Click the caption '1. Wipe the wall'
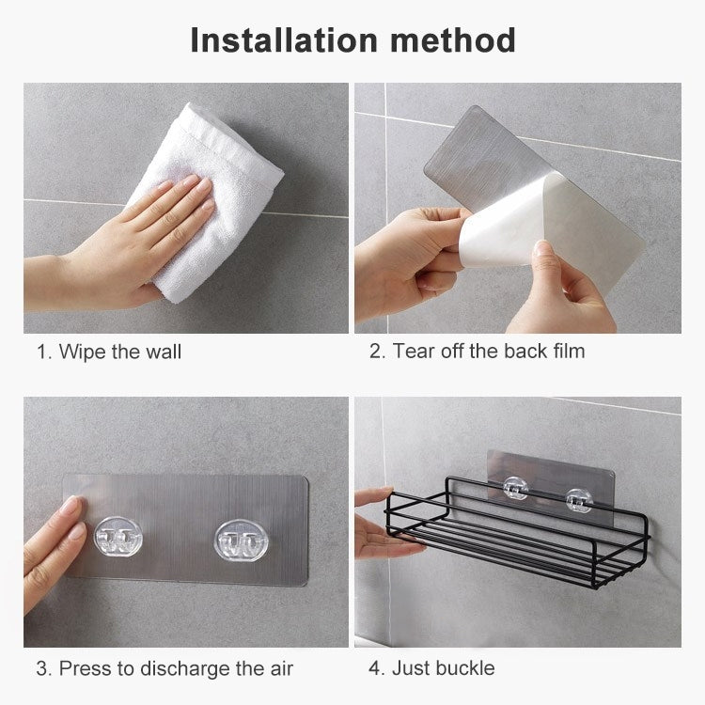109,352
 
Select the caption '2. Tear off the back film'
477,352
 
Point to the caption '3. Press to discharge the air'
164,668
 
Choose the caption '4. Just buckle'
431,668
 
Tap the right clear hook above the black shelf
577,500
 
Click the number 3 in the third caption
42,668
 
